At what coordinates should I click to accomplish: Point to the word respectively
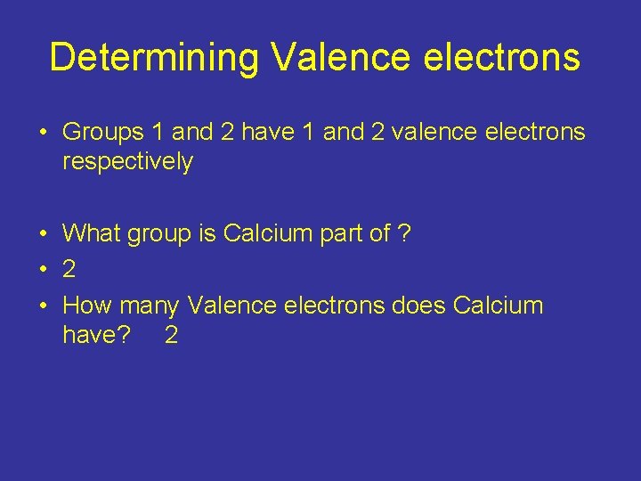127,162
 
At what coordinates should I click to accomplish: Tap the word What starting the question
93,234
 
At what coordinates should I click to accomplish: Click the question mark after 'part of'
404,234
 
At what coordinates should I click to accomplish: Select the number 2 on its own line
69,270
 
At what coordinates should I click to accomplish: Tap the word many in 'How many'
149,306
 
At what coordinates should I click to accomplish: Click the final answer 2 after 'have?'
171,335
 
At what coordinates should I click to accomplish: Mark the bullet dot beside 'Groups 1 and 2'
43,134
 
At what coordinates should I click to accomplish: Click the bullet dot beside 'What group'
43,235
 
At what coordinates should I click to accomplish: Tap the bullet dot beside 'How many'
43,306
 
